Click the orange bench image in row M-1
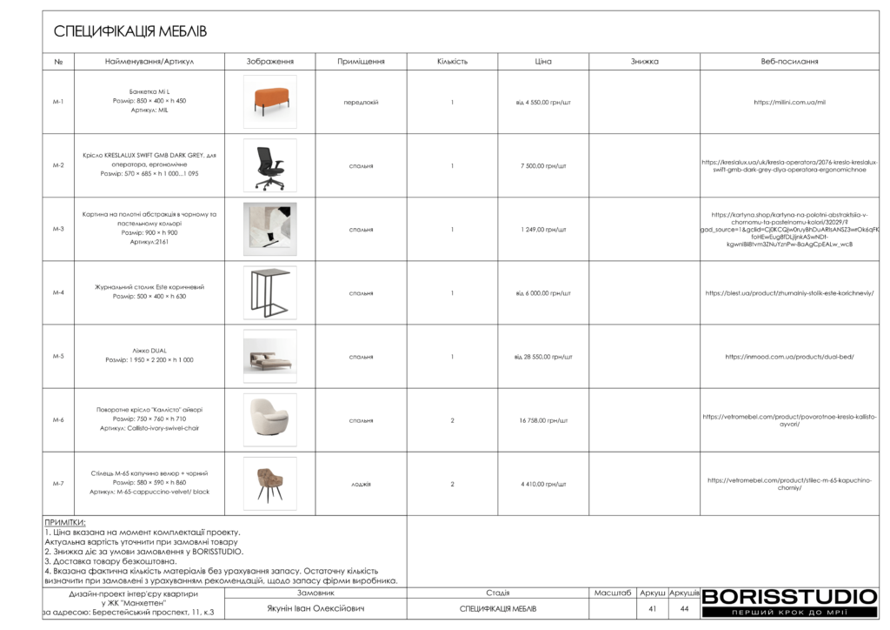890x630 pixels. tap(269, 102)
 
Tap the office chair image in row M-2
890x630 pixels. tap(269, 165)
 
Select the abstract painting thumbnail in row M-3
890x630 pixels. tap(269, 229)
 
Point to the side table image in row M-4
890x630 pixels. tap(269, 292)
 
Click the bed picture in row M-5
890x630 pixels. tap(269, 357)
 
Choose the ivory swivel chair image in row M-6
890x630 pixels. tap(269, 420)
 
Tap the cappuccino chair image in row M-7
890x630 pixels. tap(269, 484)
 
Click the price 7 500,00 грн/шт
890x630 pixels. tap(543, 165)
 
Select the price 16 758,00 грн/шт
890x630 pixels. tap(543, 420)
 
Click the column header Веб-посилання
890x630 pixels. tap(789, 62)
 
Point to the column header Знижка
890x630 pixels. tap(645, 62)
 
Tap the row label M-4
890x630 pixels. tap(58, 293)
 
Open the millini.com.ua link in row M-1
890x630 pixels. tap(789, 102)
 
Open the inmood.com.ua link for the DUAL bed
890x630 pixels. tap(789, 357)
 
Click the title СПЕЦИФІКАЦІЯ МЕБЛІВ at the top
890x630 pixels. tap(130, 32)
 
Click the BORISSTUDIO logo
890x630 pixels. tap(789, 597)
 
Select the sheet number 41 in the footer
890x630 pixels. tap(652, 609)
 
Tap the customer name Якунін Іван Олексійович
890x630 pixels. tap(315, 609)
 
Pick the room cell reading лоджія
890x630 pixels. tap(361, 484)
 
